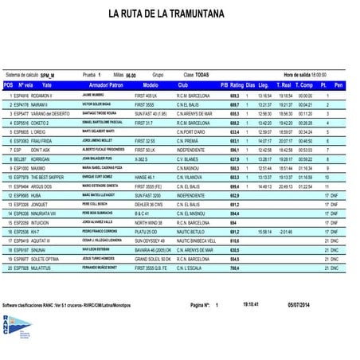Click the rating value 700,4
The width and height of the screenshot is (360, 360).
click(233, 292)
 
